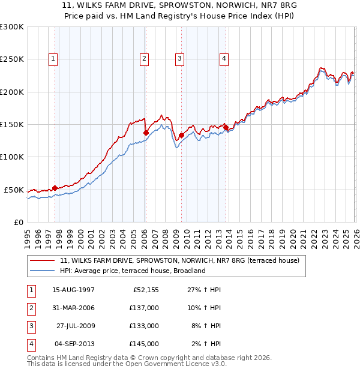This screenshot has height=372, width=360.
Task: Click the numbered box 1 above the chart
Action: point(54,59)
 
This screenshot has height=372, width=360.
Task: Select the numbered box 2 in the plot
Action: point(145,59)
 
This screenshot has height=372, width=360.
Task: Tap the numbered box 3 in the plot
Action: point(180,59)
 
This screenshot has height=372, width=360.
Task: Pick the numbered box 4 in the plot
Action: point(223,59)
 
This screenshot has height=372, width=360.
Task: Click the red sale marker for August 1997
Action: point(55,188)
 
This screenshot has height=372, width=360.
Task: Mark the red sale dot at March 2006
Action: point(146,133)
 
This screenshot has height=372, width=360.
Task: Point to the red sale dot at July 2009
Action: point(181,135)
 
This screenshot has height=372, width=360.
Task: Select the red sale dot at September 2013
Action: point(225,127)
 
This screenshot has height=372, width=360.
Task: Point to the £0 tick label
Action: point(18,222)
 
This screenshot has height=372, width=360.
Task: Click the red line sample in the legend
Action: point(43,261)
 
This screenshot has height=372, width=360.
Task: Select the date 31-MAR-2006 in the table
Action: point(73,308)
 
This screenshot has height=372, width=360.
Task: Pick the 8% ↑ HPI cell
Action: point(205,326)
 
